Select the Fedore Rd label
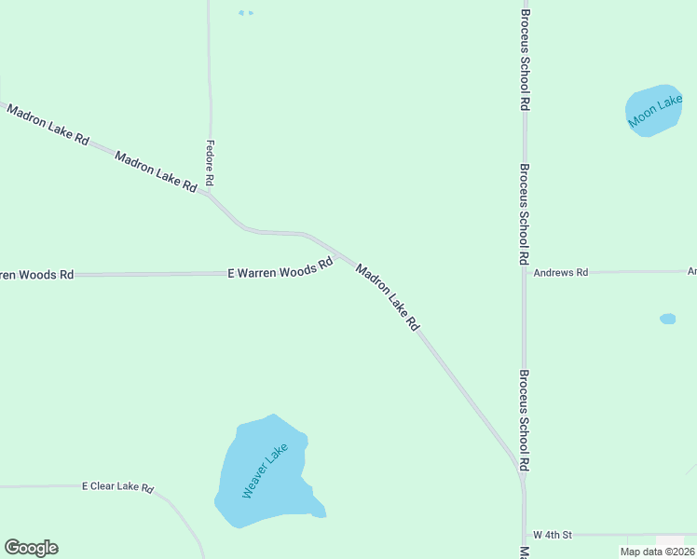coord(210,162)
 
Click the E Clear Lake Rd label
coord(116,486)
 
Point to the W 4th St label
coord(552,535)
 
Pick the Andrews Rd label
coord(561,272)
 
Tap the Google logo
coord(31,548)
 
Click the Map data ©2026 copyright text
coord(657,552)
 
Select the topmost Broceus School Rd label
coord(526,61)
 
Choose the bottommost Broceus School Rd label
coord(526,419)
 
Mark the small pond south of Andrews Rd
coord(667,319)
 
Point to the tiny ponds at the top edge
coord(245,13)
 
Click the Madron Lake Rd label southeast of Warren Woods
coord(388,297)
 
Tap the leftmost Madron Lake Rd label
coord(48,125)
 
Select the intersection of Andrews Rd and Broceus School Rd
coord(525,272)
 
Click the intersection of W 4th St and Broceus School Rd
coord(524,536)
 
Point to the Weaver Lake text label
coord(266,470)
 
